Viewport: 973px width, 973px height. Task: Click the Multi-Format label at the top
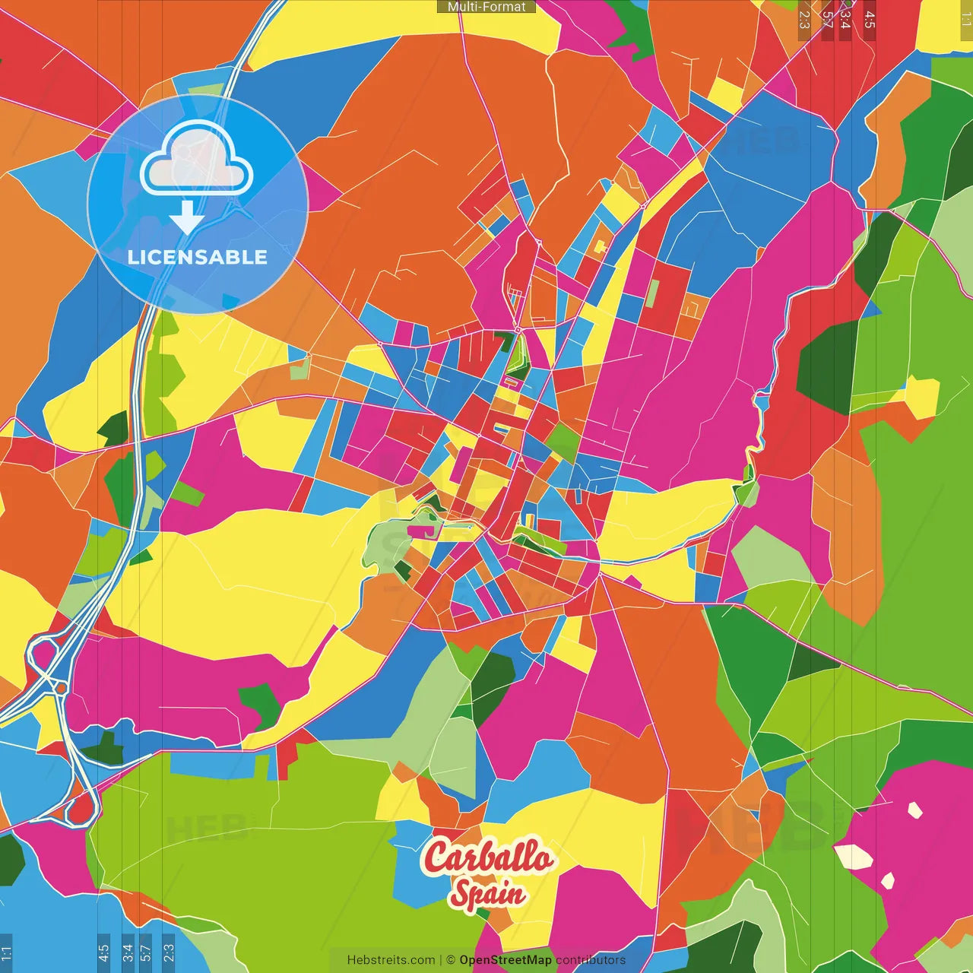[486, 7]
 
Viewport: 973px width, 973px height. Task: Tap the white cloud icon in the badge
[197, 159]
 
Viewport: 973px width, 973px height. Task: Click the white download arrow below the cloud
[187, 218]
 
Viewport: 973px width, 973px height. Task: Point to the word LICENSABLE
[198, 257]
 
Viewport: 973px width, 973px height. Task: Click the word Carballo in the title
[488, 857]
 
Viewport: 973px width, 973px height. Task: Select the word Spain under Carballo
[487, 894]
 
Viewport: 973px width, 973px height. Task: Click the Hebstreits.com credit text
[391, 960]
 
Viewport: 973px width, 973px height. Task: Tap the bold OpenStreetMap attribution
[506, 960]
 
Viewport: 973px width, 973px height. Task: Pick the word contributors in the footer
[591, 960]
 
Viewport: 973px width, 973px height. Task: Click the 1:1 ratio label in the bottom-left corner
[6, 953]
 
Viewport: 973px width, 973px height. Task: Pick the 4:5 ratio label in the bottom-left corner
[103, 953]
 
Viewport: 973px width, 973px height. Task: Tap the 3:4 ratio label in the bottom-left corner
[128, 953]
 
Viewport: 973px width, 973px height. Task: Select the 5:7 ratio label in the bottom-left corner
[146, 953]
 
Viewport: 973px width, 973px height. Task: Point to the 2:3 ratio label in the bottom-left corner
[169, 953]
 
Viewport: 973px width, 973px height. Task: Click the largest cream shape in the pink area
[854, 857]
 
